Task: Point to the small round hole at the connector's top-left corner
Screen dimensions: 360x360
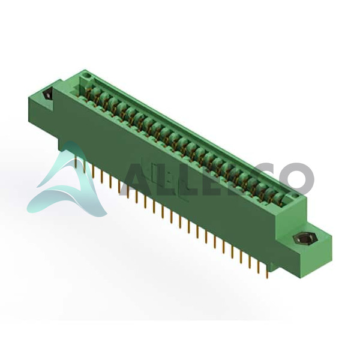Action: click(x=87, y=75)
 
